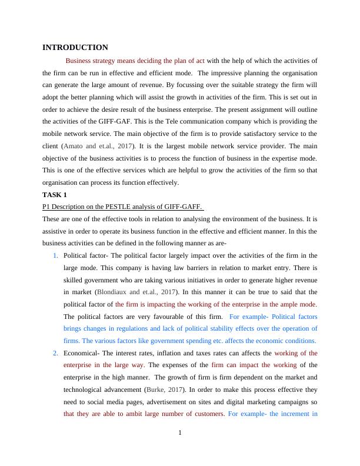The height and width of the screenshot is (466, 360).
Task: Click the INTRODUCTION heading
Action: pos(75,47)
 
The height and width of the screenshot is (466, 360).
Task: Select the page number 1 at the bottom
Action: pos(180,434)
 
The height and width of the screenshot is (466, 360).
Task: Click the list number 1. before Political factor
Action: pos(55,255)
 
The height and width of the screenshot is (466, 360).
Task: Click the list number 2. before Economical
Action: pos(55,353)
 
